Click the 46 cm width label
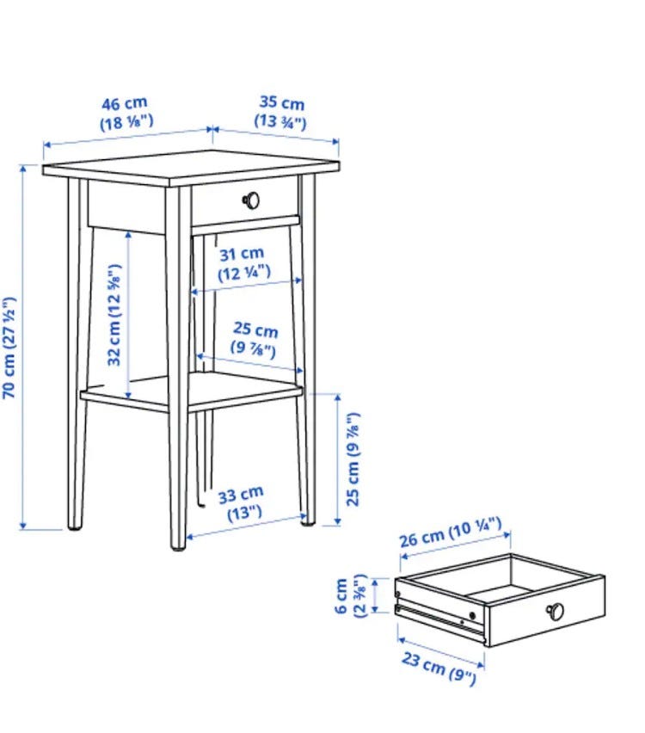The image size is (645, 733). (x=126, y=113)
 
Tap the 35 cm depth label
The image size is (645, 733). (x=281, y=111)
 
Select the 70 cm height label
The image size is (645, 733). (x=9, y=348)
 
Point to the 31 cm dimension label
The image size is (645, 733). (x=243, y=263)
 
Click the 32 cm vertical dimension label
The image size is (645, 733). (x=114, y=315)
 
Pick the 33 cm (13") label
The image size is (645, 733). (x=242, y=503)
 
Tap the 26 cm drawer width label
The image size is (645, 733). (x=450, y=532)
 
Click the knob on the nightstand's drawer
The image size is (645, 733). (x=251, y=200)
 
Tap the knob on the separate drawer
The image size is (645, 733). (x=555, y=611)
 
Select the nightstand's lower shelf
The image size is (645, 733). (x=192, y=392)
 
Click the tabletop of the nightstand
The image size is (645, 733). (x=191, y=168)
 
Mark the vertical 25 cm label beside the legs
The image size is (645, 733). (x=353, y=459)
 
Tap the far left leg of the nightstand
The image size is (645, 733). (x=77, y=354)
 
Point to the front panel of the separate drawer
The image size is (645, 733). (x=545, y=612)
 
